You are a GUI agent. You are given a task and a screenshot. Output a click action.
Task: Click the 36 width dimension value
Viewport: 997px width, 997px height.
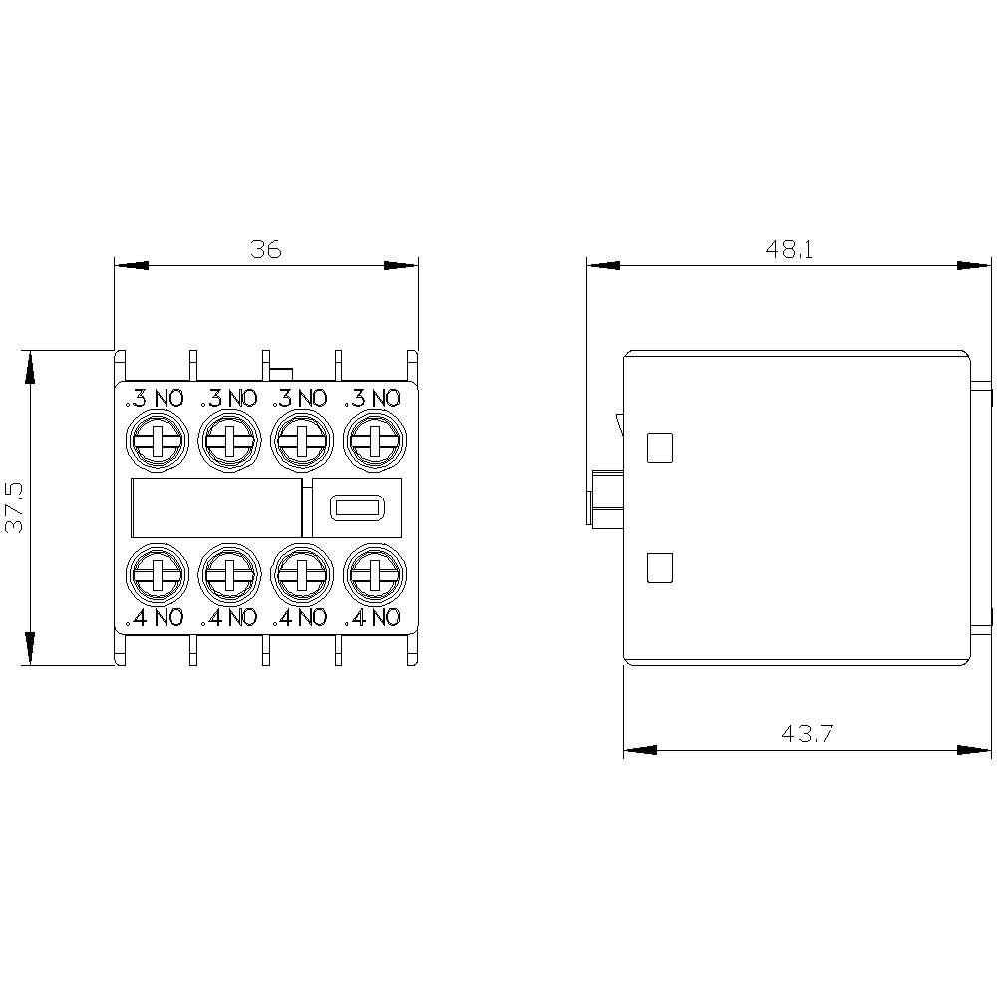coord(266,249)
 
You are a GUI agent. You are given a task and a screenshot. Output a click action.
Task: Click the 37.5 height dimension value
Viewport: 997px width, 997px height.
coord(15,507)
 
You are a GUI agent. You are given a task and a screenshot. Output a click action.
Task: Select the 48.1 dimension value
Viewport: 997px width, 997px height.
coord(790,249)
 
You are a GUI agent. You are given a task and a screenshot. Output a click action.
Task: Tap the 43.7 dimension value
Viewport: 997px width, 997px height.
coord(807,734)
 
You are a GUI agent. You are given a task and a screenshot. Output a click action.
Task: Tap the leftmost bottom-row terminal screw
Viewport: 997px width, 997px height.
coord(156,575)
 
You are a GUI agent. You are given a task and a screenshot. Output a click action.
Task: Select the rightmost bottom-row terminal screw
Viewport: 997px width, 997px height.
coord(374,575)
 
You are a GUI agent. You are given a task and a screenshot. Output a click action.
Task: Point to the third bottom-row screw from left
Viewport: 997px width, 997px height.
coord(301,575)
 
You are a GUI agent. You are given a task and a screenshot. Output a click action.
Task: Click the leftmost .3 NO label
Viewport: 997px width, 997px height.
coord(155,399)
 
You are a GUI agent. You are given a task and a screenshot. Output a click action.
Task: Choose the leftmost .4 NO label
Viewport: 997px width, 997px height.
coord(155,617)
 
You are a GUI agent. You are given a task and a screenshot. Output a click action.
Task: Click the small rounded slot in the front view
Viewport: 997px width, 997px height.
coord(356,507)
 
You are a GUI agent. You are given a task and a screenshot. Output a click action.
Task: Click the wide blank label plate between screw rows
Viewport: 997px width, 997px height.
coord(216,507)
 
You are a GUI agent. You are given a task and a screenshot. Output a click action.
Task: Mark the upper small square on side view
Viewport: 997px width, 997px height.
coord(659,448)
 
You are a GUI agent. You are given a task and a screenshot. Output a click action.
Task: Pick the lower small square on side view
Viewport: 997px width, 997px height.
coord(659,568)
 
